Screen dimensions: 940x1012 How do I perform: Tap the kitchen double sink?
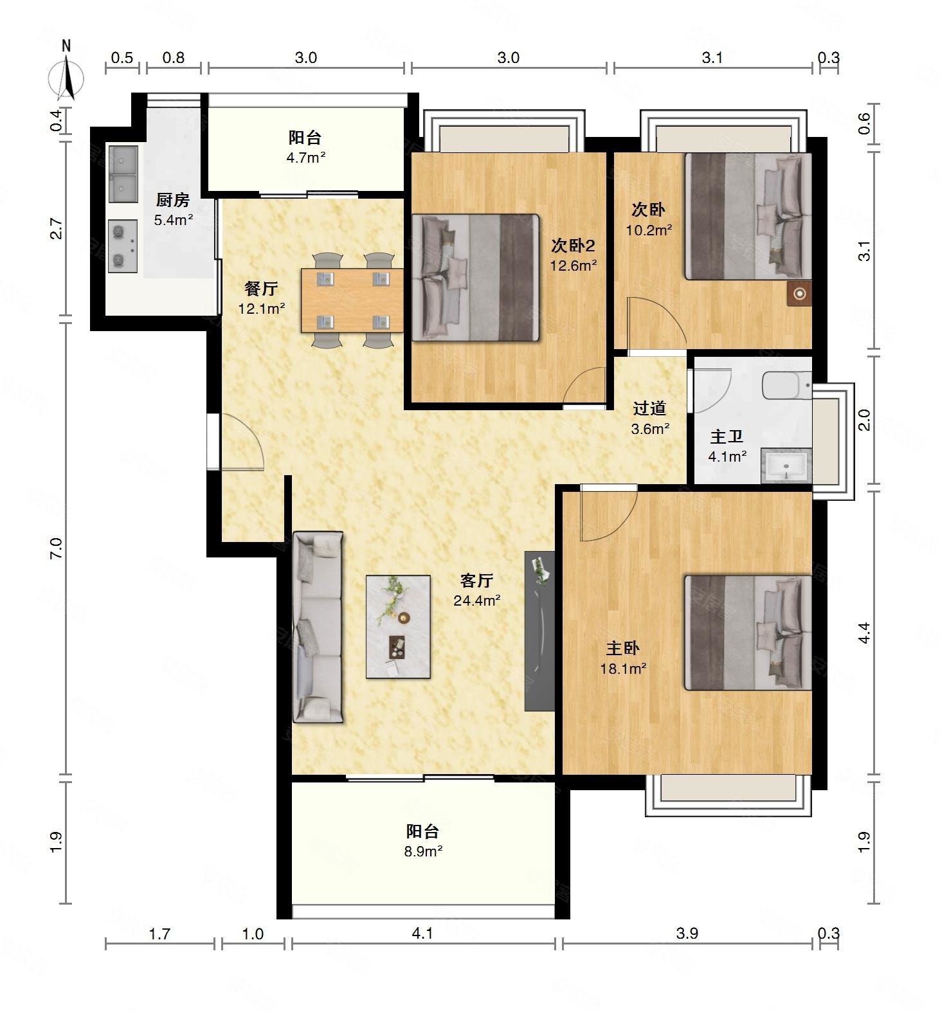tap(123, 174)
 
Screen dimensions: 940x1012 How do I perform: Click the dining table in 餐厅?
tap(352, 300)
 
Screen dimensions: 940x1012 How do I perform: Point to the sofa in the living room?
tap(318, 627)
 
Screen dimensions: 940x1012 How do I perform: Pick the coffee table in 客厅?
tap(398, 626)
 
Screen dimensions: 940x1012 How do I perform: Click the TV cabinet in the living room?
tap(539, 631)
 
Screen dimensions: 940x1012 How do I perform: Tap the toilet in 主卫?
tap(787, 386)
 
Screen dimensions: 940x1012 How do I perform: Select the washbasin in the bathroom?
tap(786, 466)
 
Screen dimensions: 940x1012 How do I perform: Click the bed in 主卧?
tap(748, 633)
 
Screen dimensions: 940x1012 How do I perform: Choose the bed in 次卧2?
tap(475, 277)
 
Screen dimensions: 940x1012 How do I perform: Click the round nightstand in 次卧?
tap(800, 294)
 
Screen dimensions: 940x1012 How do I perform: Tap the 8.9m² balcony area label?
tap(423, 852)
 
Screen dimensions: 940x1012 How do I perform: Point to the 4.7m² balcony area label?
tap(306, 158)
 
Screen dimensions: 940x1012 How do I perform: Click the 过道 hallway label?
tap(649, 408)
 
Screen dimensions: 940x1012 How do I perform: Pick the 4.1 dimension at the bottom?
tap(422, 933)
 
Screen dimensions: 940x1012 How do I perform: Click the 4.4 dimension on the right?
tap(865, 633)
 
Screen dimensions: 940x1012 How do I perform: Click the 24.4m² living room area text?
tap(477, 601)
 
